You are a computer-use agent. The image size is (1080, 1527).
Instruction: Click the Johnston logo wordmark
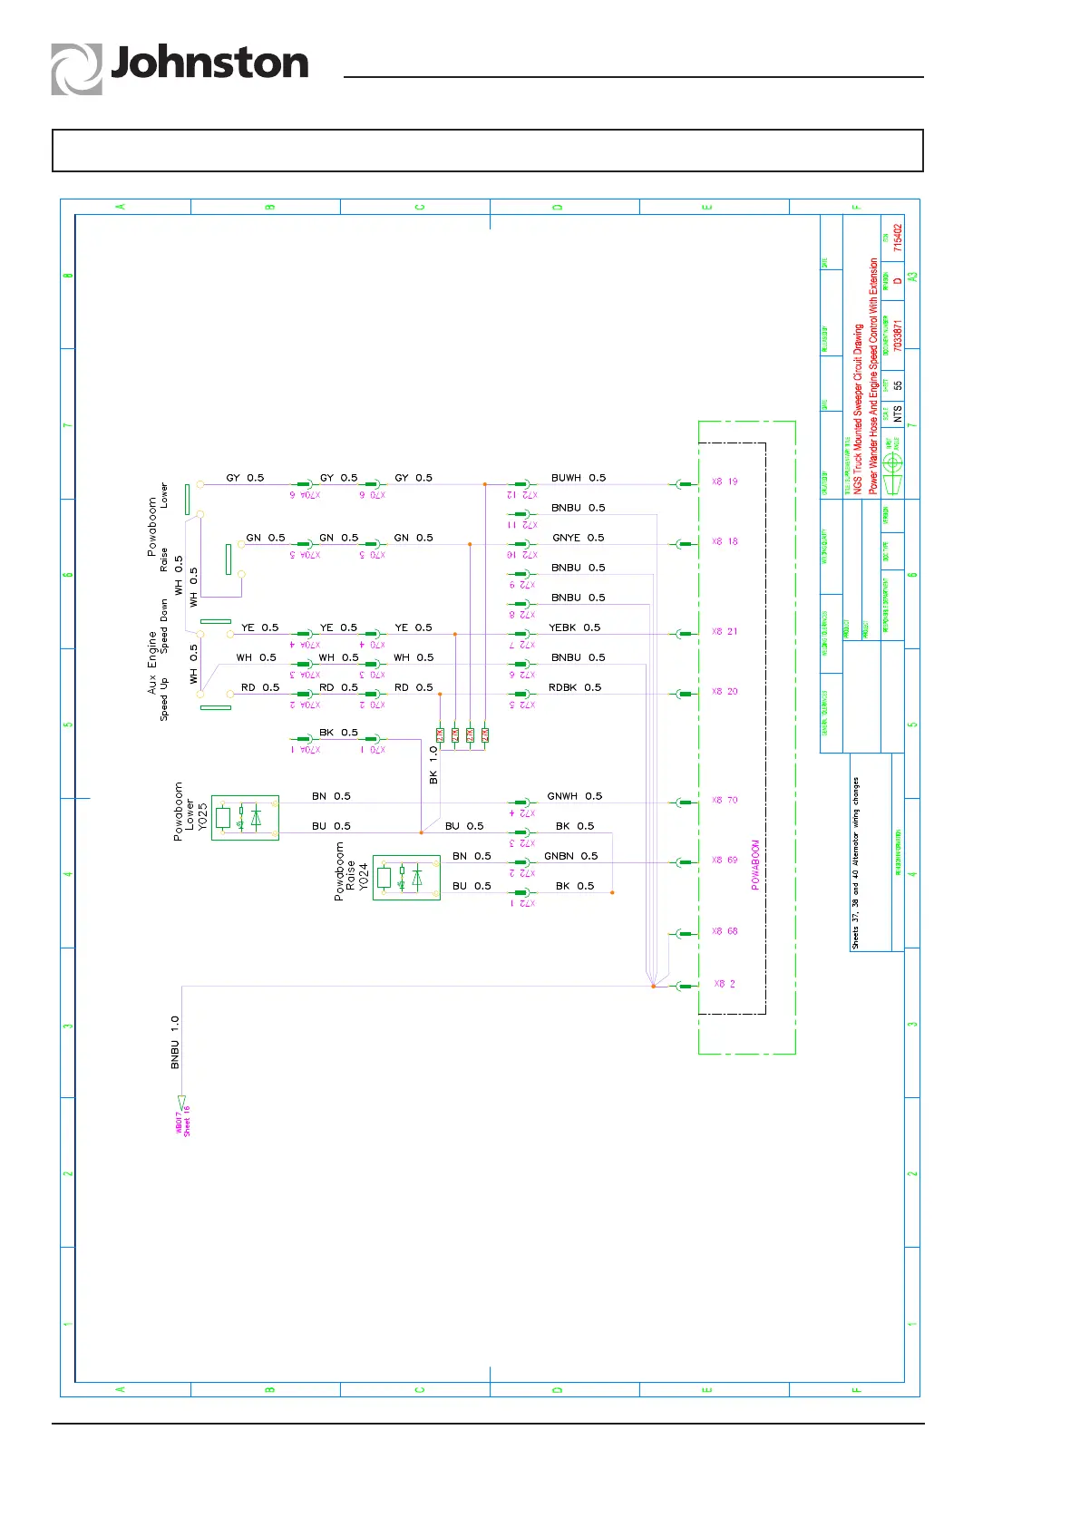[209, 64]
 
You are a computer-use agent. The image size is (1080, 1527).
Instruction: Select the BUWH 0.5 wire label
[578, 478]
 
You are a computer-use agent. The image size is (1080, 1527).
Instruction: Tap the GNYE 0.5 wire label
[578, 538]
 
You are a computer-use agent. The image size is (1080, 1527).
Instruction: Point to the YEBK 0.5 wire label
[574, 627]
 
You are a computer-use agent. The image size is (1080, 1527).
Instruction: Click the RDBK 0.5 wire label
[574, 687]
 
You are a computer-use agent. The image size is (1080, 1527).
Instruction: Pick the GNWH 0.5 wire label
[574, 796]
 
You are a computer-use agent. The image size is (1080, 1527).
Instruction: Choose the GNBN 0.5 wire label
[570, 856]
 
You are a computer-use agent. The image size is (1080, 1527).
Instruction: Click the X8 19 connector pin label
[725, 481]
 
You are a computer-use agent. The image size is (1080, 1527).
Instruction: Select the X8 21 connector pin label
[725, 631]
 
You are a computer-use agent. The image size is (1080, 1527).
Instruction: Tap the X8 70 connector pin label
[725, 800]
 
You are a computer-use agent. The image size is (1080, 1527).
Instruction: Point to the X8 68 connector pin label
[725, 931]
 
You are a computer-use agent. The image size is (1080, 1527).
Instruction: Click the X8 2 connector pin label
[725, 984]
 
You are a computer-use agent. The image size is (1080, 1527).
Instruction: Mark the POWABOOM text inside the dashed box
[755, 864]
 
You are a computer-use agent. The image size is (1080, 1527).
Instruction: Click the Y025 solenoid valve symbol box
[245, 818]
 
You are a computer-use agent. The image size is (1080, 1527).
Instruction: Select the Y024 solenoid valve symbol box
[406, 877]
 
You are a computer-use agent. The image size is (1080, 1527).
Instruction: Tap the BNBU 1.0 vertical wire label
[175, 1041]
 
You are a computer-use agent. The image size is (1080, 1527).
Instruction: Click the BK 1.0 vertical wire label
[433, 765]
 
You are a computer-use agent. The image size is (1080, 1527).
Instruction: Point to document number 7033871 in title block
[898, 336]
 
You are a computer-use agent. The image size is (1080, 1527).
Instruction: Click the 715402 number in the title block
[898, 238]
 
